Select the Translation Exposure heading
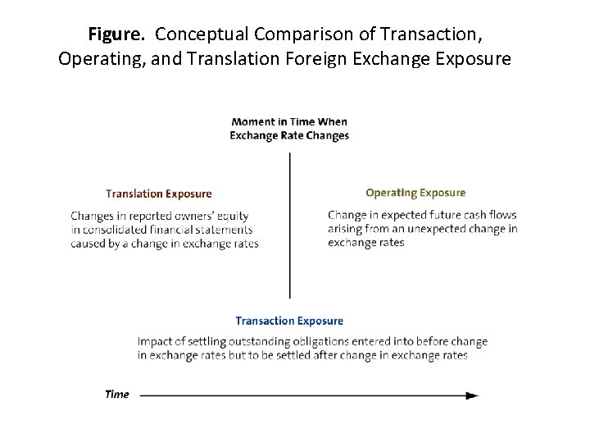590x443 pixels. click(x=159, y=194)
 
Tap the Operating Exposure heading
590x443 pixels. click(x=415, y=193)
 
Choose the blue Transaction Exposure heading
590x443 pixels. click(x=289, y=321)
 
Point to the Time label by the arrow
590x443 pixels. click(x=117, y=395)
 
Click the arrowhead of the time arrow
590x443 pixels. click(x=473, y=395)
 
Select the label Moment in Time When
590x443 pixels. click(x=289, y=122)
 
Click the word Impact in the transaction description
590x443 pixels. click(x=154, y=341)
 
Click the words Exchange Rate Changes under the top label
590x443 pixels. click(x=289, y=135)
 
